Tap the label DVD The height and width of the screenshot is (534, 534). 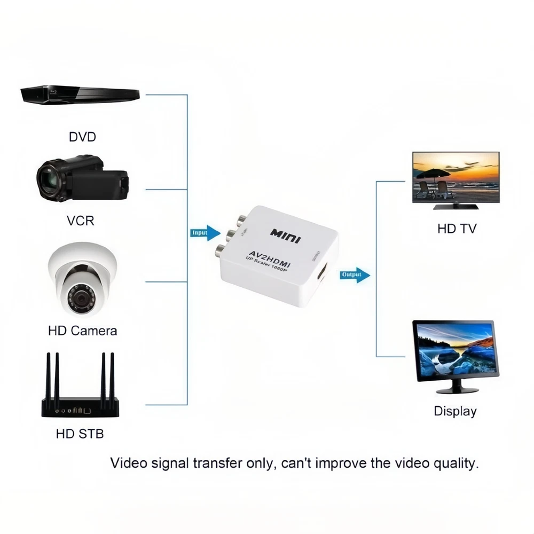[x=82, y=137]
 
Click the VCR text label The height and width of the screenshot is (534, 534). [x=81, y=219]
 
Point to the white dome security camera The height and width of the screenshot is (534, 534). [x=82, y=281]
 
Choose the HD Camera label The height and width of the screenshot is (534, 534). [x=82, y=331]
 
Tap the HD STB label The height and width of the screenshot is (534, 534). [x=80, y=433]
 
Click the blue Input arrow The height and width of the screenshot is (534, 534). [x=206, y=233]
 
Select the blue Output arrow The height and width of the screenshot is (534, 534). [x=355, y=275]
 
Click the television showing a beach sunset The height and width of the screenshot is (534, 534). [x=456, y=179]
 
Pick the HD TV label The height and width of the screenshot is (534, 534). [x=457, y=229]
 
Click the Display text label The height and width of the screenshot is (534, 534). [x=455, y=411]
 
